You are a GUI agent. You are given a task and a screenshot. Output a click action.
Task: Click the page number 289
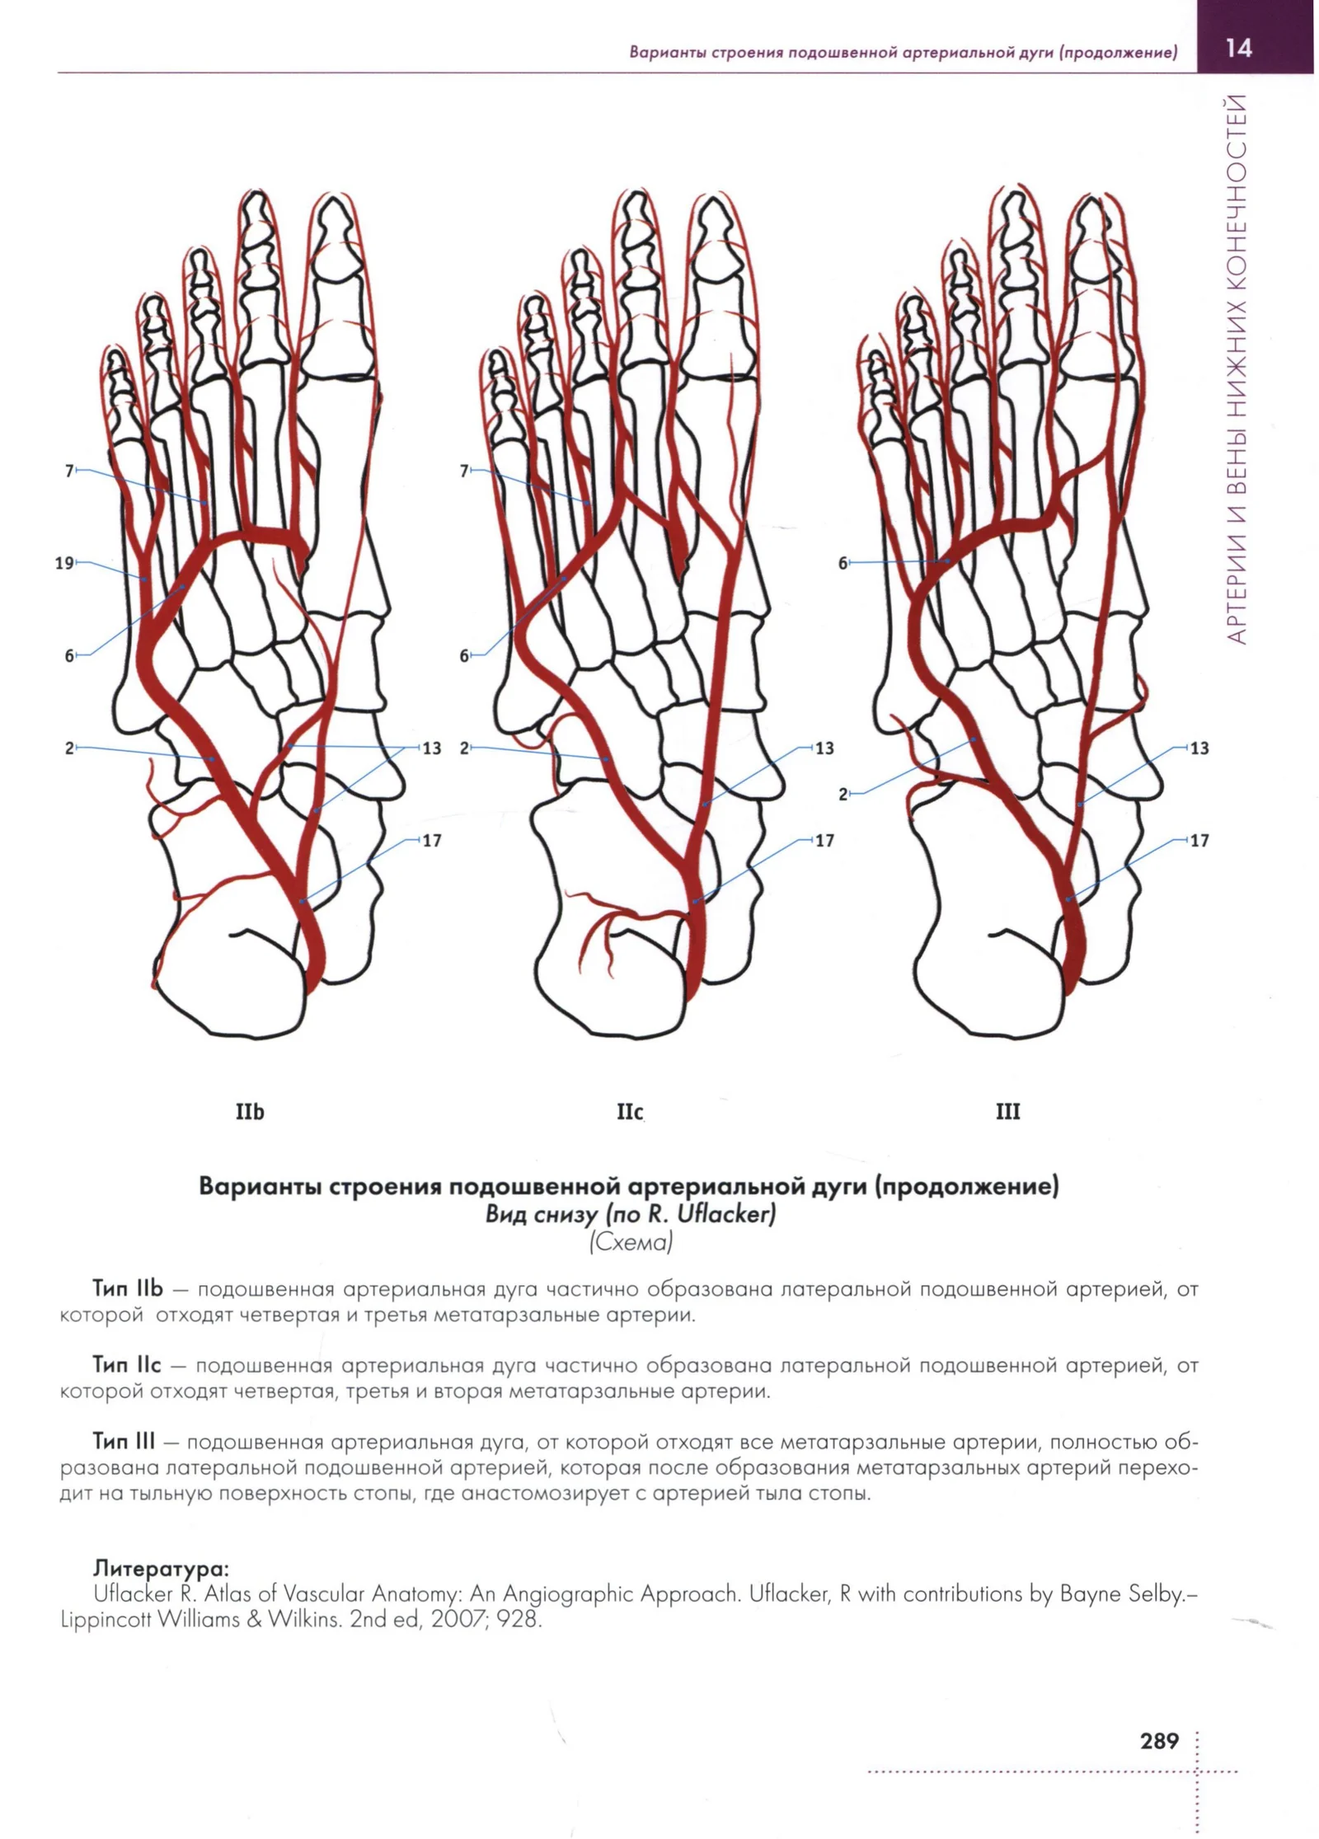(1159, 1741)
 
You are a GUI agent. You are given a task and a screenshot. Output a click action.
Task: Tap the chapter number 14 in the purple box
(1238, 48)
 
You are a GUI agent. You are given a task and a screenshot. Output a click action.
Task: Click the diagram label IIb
(250, 1112)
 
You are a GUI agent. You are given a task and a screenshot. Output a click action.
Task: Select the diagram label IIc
(630, 1112)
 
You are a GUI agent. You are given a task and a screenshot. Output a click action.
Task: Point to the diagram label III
(1007, 1112)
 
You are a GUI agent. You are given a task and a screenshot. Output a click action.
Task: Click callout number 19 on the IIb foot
(63, 564)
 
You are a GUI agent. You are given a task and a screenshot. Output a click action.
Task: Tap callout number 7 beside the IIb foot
(69, 471)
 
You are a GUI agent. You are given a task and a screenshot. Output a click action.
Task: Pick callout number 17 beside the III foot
(1199, 841)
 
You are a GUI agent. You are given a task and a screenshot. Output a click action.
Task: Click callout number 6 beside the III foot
(843, 564)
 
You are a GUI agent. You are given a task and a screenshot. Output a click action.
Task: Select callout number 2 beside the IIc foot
(464, 748)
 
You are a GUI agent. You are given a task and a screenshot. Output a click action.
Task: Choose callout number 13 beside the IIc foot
(824, 748)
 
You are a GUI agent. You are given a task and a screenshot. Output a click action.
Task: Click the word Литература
(161, 1567)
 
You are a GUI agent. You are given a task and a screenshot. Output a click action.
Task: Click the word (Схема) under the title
(631, 1241)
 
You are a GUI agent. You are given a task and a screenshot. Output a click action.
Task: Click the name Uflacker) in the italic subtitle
(725, 1214)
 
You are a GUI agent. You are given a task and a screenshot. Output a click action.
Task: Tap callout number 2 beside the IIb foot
(69, 748)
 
